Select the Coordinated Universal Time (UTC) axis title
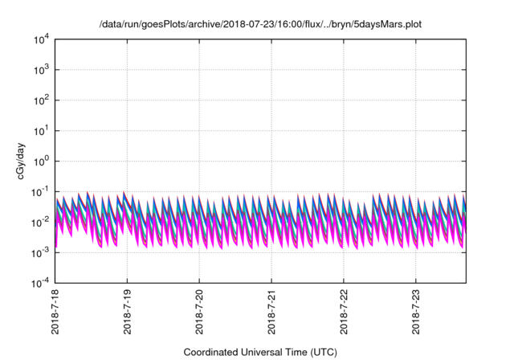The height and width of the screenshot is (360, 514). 260,352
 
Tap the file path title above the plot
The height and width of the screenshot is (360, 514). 260,25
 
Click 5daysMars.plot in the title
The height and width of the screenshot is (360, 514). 386,25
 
